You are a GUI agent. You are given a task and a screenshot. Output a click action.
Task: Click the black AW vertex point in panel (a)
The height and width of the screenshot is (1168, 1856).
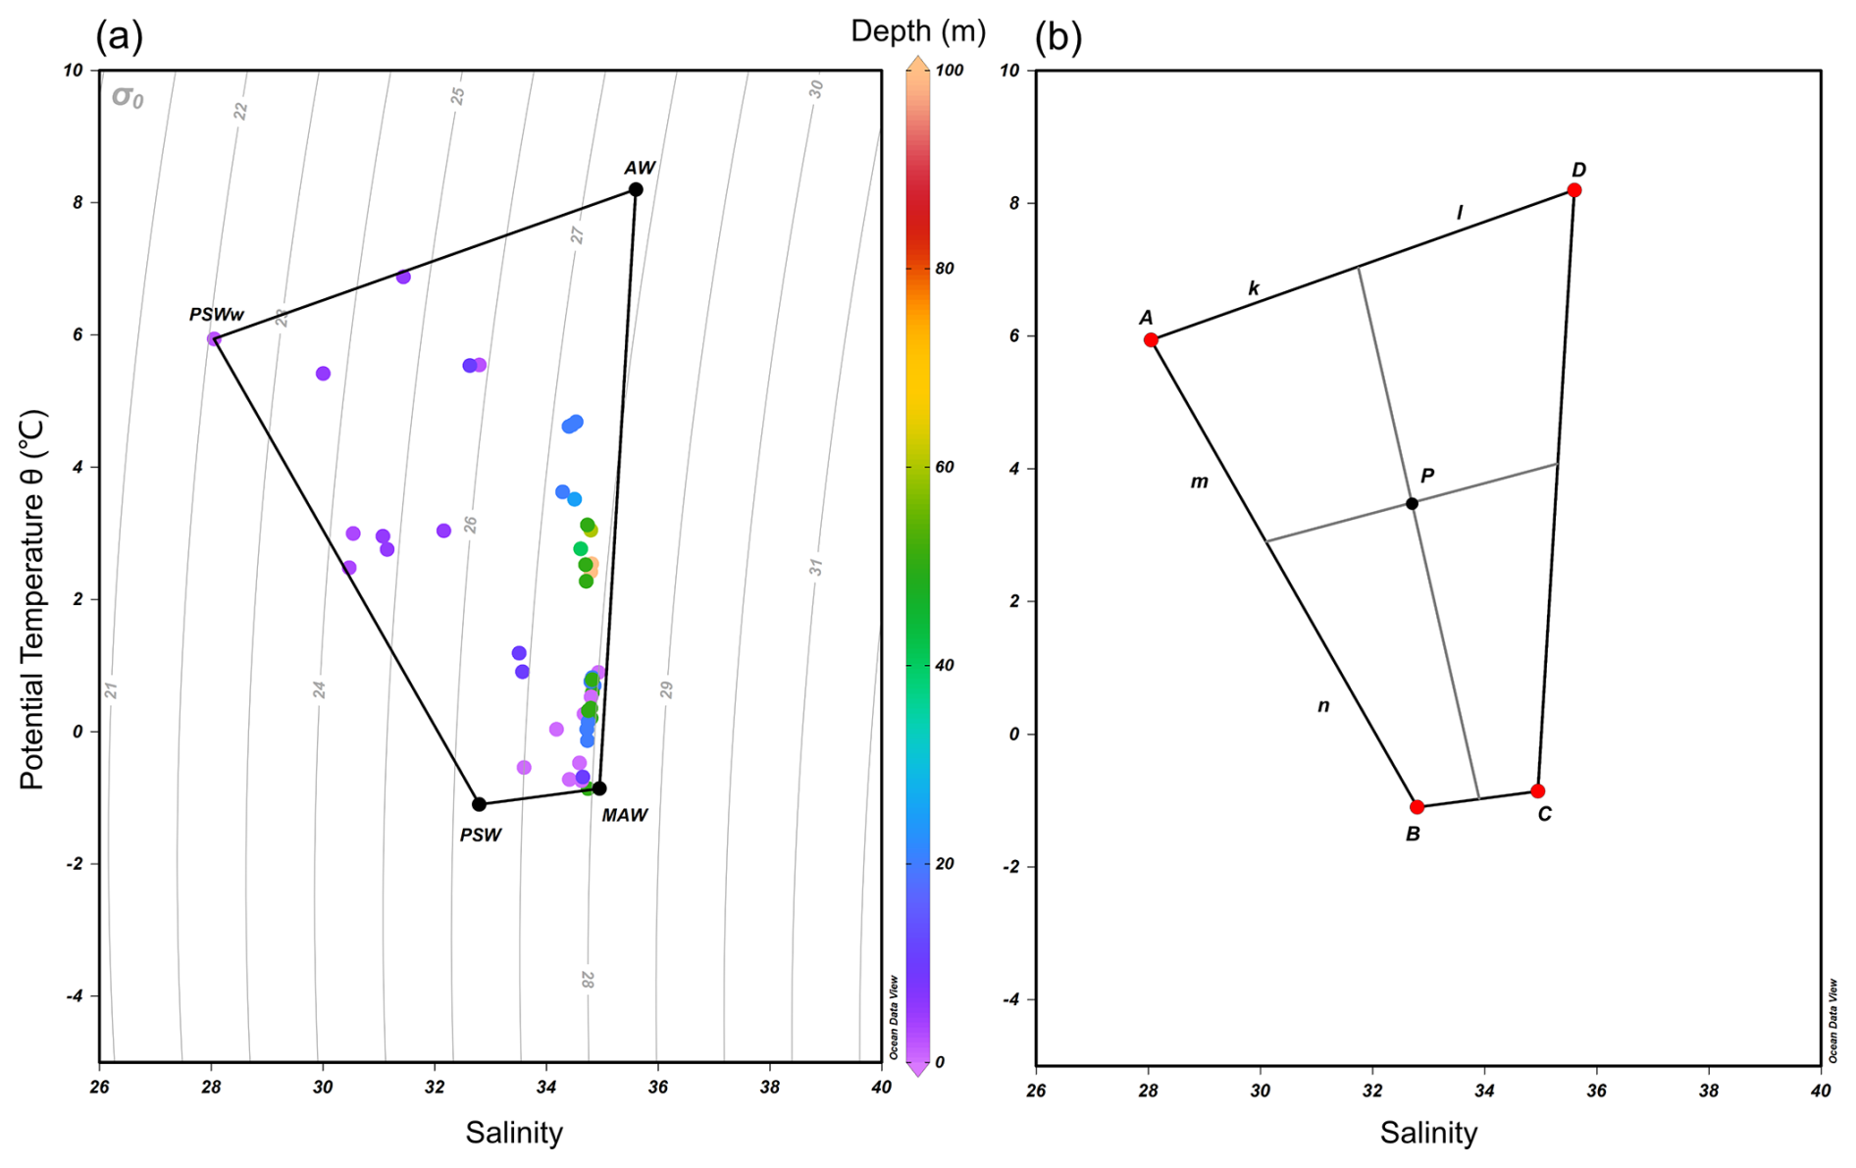pos(636,189)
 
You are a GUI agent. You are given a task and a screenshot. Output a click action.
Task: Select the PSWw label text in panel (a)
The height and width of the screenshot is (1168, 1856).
pos(217,315)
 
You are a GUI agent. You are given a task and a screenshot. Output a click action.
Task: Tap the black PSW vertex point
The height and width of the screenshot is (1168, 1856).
pos(479,804)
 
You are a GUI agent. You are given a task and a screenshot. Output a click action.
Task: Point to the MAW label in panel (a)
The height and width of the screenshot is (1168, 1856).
pos(624,815)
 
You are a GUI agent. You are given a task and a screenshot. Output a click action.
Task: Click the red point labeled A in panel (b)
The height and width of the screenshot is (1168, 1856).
pos(1151,340)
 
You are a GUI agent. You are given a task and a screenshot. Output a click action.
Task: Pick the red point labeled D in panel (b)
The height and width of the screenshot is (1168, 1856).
pos(1573,190)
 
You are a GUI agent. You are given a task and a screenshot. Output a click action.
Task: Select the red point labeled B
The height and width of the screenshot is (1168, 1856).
pos(1417,807)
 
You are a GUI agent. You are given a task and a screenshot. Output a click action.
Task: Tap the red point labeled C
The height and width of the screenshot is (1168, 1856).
pos(1537,791)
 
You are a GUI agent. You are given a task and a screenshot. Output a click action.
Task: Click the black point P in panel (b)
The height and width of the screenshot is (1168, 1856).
pos(1412,504)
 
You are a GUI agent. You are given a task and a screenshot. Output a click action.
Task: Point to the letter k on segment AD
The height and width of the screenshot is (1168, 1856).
pos(1254,288)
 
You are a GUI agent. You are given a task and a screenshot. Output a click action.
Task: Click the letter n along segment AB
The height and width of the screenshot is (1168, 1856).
pos(1323,705)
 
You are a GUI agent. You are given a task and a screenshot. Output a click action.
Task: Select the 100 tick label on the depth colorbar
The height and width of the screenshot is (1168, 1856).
pos(949,71)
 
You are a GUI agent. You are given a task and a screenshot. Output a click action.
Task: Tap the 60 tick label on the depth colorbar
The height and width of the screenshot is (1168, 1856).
pos(945,467)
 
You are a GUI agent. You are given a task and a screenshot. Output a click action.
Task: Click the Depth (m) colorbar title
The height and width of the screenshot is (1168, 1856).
pos(917,31)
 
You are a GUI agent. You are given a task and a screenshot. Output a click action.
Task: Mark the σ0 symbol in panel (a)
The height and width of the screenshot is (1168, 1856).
pos(128,97)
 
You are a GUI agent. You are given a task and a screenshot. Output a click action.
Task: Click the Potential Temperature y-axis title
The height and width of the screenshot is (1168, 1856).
pos(32,600)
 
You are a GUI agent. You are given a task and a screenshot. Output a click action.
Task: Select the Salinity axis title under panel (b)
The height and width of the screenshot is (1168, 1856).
pos(1427,1133)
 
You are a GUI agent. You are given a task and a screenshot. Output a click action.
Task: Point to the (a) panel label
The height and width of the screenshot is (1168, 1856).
pos(119,36)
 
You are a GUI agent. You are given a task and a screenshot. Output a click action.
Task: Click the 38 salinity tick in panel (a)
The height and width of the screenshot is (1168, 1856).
pos(769,1087)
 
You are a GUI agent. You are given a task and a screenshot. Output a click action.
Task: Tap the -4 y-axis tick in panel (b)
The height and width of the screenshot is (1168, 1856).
pos(1012,999)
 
